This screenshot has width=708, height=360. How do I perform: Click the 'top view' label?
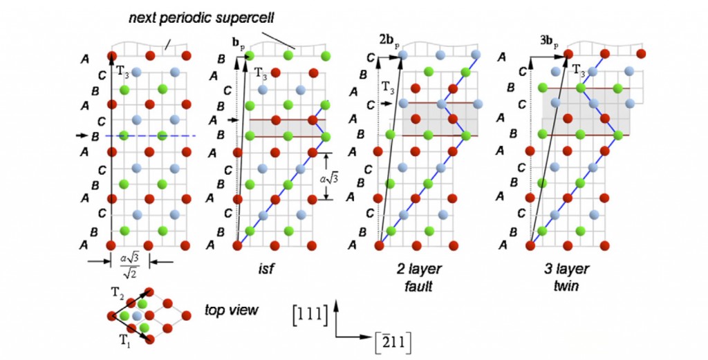click(231, 310)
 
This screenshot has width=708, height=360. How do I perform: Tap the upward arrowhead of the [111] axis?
click(336, 302)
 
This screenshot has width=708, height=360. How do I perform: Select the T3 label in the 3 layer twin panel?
click(579, 69)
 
